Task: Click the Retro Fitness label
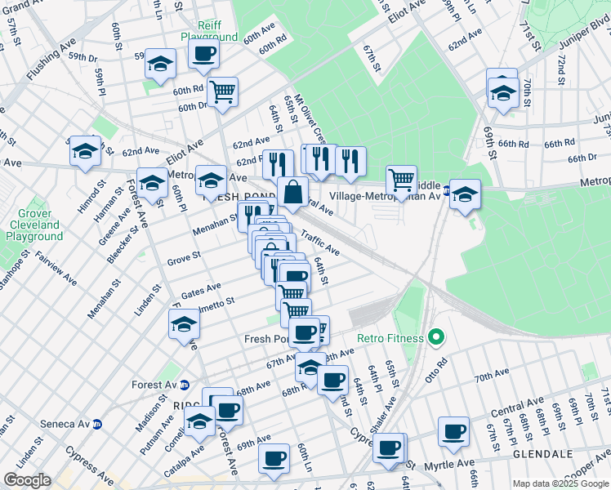(x=390, y=337)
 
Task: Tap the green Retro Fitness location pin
(x=436, y=336)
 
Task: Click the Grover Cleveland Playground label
(x=33, y=225)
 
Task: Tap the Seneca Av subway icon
(x=96, y=424)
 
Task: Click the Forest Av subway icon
(x=185, y=385)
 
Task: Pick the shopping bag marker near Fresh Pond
(x=292, y=194)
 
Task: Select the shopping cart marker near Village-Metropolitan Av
(x=401, y=180)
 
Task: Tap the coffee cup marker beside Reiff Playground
(x=203, y=55)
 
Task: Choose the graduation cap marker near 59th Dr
(x=160, y=64)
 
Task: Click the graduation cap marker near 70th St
(x=503, y=92)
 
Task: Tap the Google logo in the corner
(x=27, y=480)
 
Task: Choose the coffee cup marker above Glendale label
(x=453, y=430)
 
